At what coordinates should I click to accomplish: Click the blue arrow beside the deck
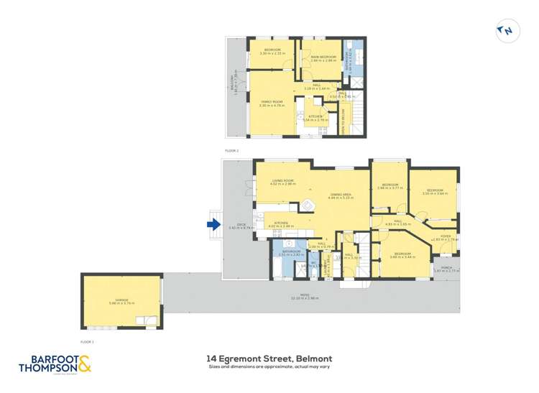point(213,225)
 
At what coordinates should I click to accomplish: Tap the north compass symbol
point(506,30)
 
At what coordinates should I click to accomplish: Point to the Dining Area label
point(341,195)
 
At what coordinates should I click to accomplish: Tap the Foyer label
point(446,237)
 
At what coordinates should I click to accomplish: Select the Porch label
point(446,268)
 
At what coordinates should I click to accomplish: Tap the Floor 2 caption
point(231,151)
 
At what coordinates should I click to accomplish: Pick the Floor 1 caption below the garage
point(88,343)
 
